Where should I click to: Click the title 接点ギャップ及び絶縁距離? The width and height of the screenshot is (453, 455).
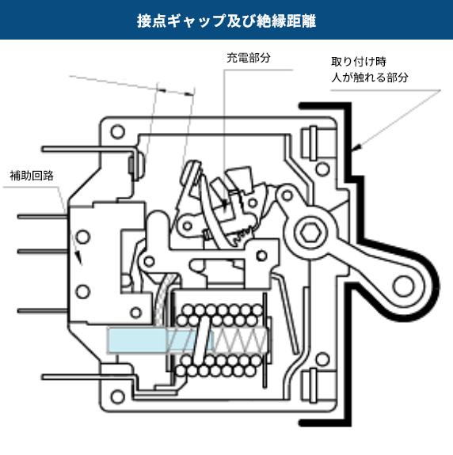click(x=226, y=20)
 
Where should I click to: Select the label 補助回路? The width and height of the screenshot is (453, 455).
click(x=32, y=175)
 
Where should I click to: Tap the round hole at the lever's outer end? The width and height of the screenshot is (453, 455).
click(x=405, y=285)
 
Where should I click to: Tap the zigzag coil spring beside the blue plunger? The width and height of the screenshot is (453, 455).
click(x=242, y=340)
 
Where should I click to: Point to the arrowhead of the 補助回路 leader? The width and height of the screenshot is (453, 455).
click(x=78, y=260)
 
